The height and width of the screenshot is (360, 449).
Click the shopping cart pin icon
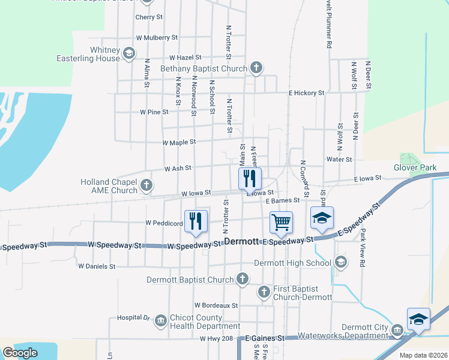click(281, 223)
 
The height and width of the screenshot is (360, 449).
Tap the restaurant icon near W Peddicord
click(196, 221)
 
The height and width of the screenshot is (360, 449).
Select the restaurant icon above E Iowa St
click(250, 179)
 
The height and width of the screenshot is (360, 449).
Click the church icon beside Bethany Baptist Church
click(256, 67)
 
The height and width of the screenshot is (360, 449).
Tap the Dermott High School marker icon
click(341, 262)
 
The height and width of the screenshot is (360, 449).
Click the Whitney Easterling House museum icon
click(128, 54)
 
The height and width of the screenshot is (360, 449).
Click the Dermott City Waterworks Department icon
click(397, 331)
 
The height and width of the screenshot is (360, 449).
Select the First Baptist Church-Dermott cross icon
click(264, 292)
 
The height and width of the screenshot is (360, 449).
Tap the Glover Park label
click(415, 168)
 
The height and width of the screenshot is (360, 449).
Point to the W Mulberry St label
click(157, 37)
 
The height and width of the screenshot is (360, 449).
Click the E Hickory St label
click(306, 93)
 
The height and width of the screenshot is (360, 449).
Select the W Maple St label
click(179, 142)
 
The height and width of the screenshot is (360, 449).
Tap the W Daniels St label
click(97, 265)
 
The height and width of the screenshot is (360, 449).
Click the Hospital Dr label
click(133, 317)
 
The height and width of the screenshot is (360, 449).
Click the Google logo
click(20, 352)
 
